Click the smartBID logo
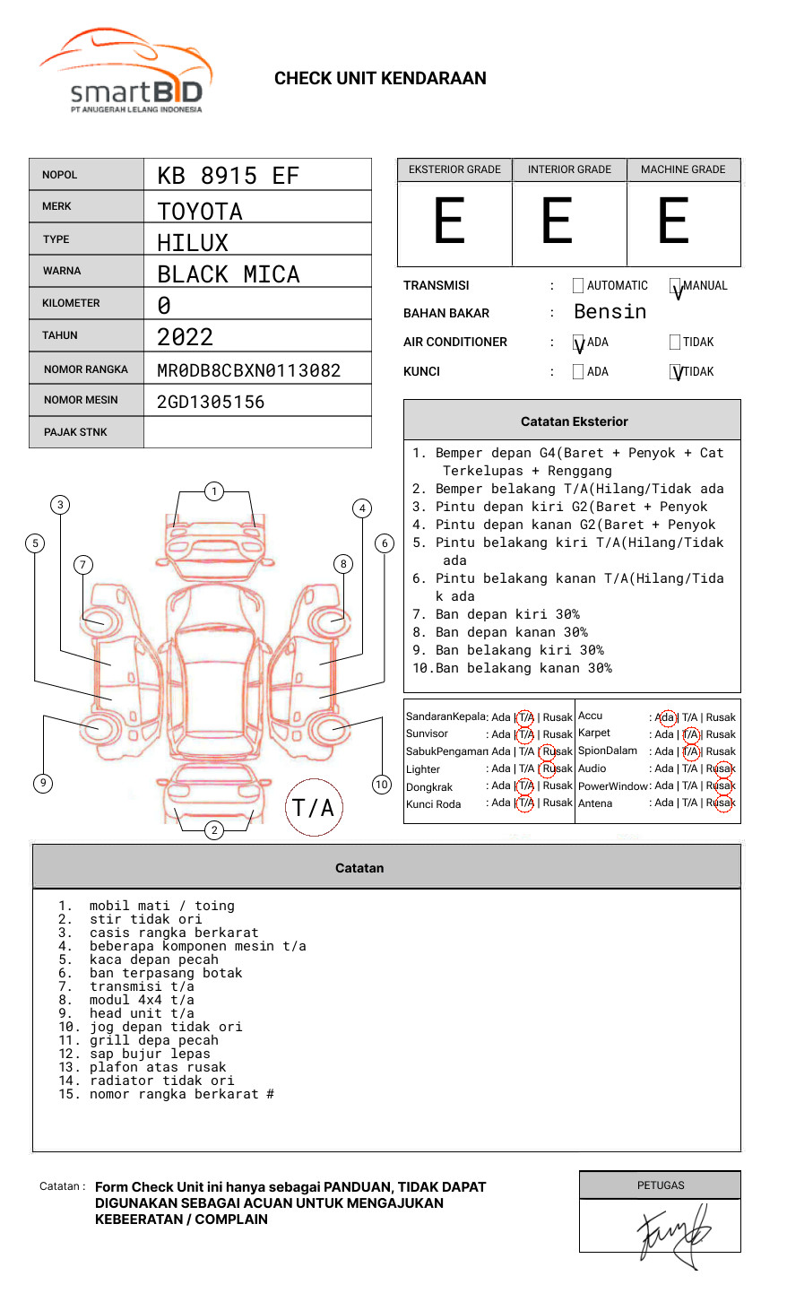[x=125, y=72]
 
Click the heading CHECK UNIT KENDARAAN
[x=380, y=79]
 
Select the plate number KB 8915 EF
[x=228, y=176]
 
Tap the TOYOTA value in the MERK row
[x=200, y=212]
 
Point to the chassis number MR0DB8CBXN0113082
[x=248, y=370]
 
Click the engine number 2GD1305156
[x=211, y=402]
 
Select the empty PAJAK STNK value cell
[x=257, y=432]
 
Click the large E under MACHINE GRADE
[x=673, y=221]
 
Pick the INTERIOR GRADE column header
[x=569, y=169]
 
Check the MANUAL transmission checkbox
[x=676, y=286]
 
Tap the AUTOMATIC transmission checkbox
[x=578, y=286]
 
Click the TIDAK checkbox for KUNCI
[x=676, y=371]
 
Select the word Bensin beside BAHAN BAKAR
[x=610, y=312]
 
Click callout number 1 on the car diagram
[x=213, y=491]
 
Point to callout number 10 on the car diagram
[x=382, y=785]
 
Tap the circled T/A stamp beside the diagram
[x=314, y=807]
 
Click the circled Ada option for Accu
[x=666, y=717]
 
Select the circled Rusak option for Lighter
[x=557, y=768]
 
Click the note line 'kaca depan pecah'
[x=153, y=959]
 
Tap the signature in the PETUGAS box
[x=672, y=1233]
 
